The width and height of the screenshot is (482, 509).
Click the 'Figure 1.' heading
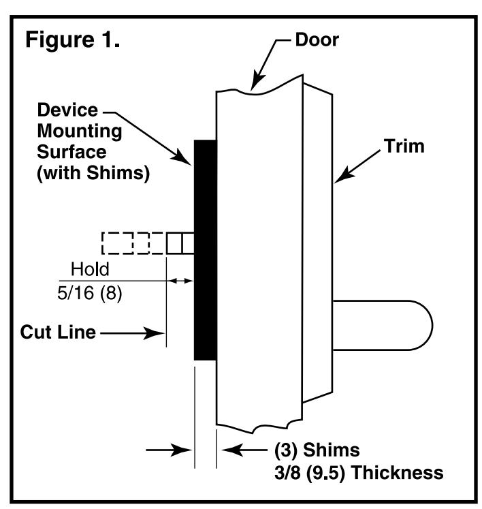pos(73,40)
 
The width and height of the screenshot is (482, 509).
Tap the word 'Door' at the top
pos(317,40)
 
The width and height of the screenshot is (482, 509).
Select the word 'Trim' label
pos(404,146)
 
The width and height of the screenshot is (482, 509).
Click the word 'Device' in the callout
pos(67,110)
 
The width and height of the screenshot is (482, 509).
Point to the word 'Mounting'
pos(80,132)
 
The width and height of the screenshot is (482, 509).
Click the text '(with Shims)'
pos(93,172)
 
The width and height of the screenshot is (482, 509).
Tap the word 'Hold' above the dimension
pos(90,269)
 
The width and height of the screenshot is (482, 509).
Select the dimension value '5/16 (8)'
pos(90,294)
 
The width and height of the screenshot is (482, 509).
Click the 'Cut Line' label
pos(58,332)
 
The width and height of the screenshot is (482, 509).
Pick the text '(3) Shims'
pos(317,450)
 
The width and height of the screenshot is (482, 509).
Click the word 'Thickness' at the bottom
pos(398,472)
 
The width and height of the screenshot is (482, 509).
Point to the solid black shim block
pos(206,250)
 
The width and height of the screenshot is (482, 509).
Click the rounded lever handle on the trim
pos(383,325)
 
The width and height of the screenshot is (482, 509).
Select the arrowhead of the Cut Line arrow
pos(155,333)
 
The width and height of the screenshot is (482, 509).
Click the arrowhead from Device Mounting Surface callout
pos(182,157)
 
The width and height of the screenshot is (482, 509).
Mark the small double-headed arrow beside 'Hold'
pos(181,281)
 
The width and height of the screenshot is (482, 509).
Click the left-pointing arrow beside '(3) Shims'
pos(244,450)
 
